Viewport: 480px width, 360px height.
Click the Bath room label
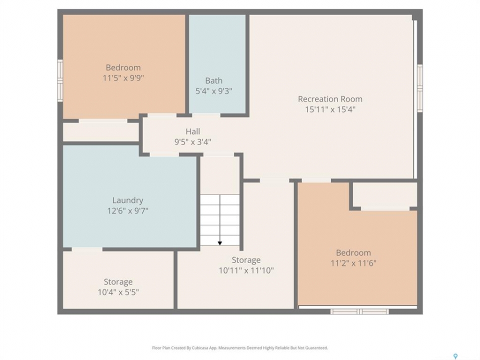click(x=213, y=81)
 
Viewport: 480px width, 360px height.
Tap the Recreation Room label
click(x=330, y=99)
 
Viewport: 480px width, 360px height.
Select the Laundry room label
click(x=127, y=200)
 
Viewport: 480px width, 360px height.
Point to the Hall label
click(x=193, y=131)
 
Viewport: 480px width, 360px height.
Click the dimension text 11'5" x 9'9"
click(x=123, y=78)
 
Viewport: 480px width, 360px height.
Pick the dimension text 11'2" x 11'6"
click(x=353, y=263)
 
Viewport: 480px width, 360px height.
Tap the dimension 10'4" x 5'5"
click(x=118, y=292)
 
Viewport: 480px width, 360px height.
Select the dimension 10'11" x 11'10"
click(x=246, y=270)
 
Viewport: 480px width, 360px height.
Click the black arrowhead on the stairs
click(x=220, y=243)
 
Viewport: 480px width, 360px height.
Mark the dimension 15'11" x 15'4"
click(x=330, y=109)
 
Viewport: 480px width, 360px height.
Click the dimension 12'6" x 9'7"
click(x=127, y=210)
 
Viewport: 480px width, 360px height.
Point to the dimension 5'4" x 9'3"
click(x=213, y=91)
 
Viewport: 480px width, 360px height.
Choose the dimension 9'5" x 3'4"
click(x=193, y=141)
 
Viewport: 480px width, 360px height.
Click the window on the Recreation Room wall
click(x=420, y=88)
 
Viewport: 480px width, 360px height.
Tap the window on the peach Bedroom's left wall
click(x=60, y=80)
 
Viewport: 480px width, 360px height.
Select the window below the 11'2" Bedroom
click(x=359, y=311)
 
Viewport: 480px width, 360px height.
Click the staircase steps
click(x=220, y=220)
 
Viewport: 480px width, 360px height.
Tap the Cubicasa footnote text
click(x=240, y=348)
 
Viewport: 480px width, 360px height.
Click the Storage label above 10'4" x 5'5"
click(x=118, y=281)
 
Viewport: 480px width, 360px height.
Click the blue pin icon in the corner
click(x=455, y=356)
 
